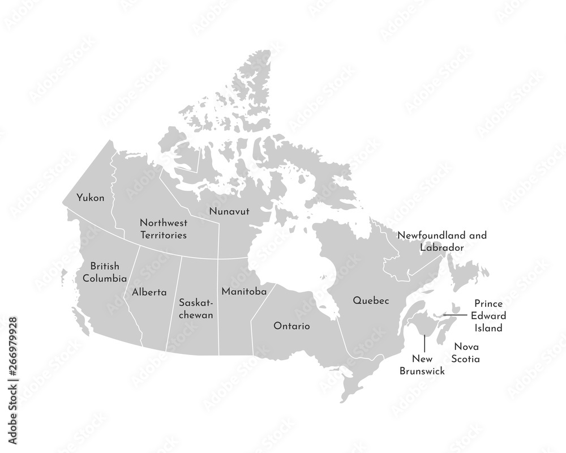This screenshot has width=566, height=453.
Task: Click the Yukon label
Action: pos(91,198)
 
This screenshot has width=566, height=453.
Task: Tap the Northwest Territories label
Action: pos(163,228)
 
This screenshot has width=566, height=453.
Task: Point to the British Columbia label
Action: pos(104,272)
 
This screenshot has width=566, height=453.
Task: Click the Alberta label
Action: pos(149,293)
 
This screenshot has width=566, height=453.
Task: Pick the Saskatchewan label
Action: pos(196,309)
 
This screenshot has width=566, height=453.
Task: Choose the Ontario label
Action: pos(291,326)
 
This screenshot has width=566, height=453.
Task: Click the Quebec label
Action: pos(371,300)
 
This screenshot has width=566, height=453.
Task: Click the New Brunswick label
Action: pos(422,365)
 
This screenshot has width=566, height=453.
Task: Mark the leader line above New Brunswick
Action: pos(424,343)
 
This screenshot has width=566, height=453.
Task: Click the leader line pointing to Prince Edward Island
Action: pos(455,314)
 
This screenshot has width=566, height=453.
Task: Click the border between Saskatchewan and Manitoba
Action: pos(218,306)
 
